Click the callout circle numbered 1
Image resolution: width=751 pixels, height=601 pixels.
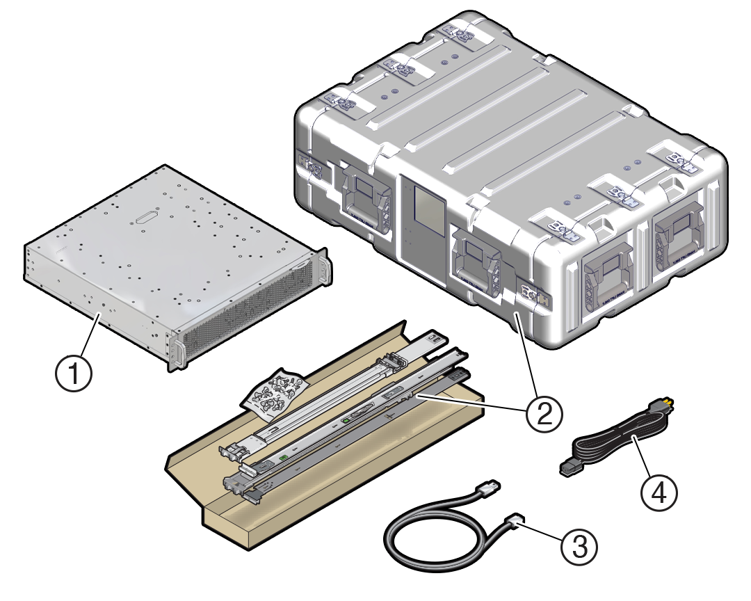[74, 376]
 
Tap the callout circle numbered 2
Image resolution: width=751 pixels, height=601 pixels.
[544, 413]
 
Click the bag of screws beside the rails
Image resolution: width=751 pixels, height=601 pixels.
[274, 394]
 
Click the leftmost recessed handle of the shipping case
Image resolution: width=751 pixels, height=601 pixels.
[362, 198]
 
